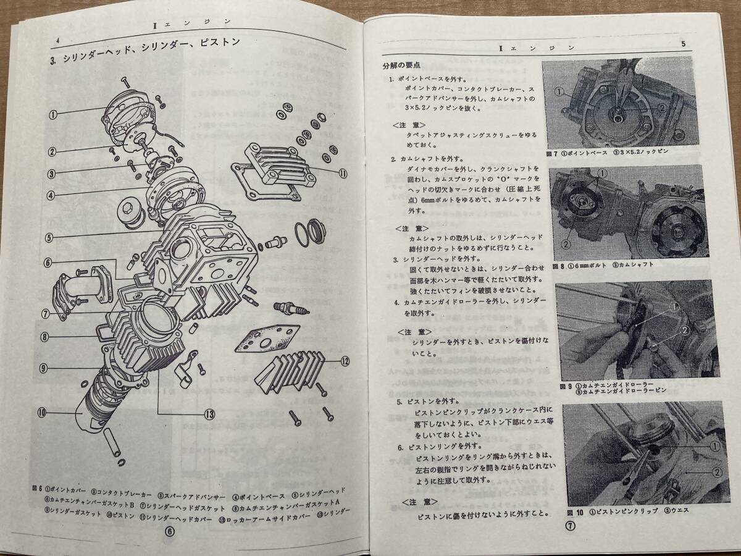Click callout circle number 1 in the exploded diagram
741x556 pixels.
point(53,114)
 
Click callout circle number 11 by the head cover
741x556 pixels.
point(343,173)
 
